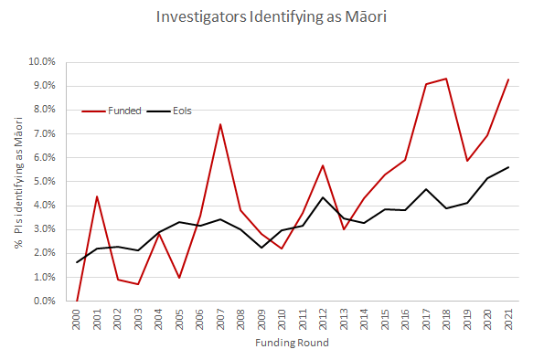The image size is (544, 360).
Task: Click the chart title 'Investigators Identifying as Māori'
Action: coord(272,17)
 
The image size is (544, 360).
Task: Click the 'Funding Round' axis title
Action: coord(292,344)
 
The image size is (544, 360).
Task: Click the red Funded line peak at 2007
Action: coord(220,124)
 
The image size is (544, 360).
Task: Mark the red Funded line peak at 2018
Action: coord(446,79)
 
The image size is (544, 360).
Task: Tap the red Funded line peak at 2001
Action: coord(97,196)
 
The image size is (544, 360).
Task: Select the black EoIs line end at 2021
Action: coord(508,167)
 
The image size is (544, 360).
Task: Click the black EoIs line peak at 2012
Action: coord(323,197)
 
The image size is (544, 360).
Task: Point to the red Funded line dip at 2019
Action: coord(467,161)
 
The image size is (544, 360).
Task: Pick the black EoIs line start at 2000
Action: coord(77,262)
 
